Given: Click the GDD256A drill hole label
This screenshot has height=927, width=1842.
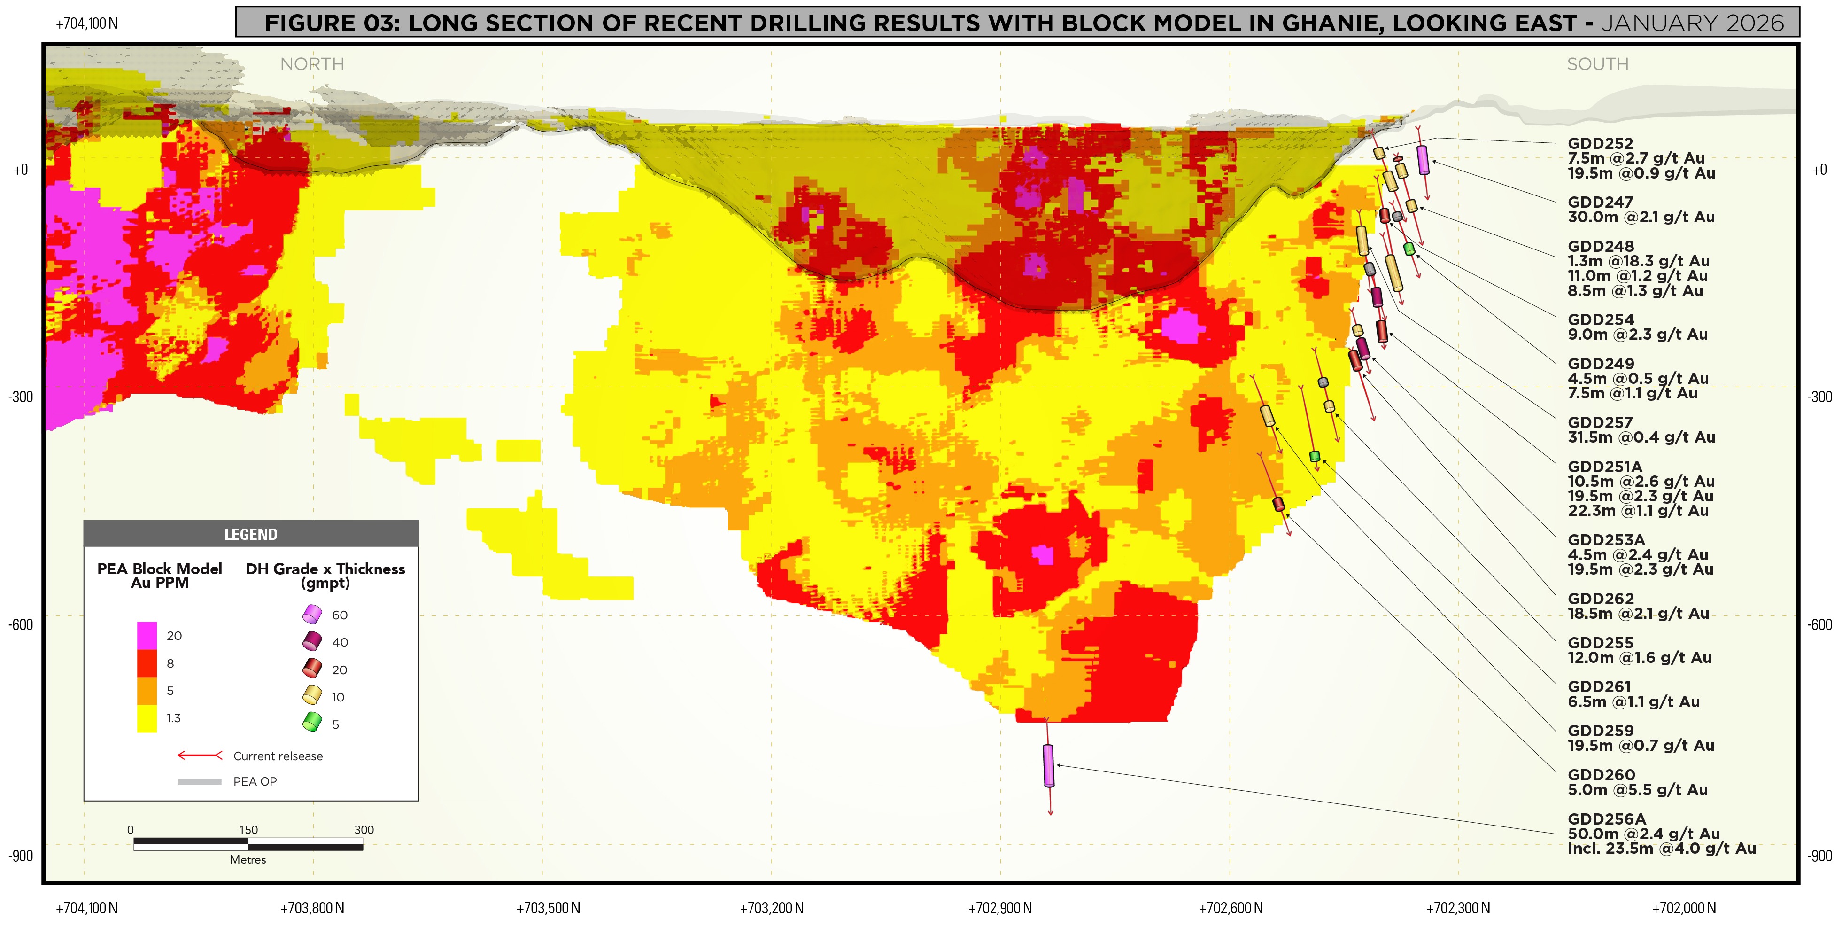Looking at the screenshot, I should pos(1606,819).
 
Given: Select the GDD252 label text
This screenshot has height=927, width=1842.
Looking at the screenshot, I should pos(1600,144).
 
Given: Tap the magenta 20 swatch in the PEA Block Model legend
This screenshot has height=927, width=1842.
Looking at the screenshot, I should pos(147,635).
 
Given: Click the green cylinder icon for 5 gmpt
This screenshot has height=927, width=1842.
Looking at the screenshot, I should pos(312,723).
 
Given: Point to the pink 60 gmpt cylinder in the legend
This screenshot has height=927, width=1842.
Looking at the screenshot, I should pos(312,614).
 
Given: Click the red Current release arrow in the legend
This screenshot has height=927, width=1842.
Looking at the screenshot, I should pos(200,756).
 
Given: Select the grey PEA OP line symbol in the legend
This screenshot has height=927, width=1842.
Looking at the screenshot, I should pos(200,782).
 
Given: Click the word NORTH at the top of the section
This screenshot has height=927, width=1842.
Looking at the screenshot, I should pos(312,64).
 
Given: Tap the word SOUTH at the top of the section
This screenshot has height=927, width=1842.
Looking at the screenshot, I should pos(1597,64).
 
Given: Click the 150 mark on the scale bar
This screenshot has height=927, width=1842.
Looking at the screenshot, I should pos(248,830).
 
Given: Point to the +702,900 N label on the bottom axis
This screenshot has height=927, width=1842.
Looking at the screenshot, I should pos(999,908).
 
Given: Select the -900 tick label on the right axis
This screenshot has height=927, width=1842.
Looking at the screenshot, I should pos(1820,856).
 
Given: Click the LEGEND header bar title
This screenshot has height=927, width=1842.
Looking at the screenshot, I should pos(250,534).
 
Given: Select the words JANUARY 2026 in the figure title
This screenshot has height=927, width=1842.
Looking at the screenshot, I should pos(1693,23).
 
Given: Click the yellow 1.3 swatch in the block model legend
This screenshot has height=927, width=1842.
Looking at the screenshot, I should pos(147,718).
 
